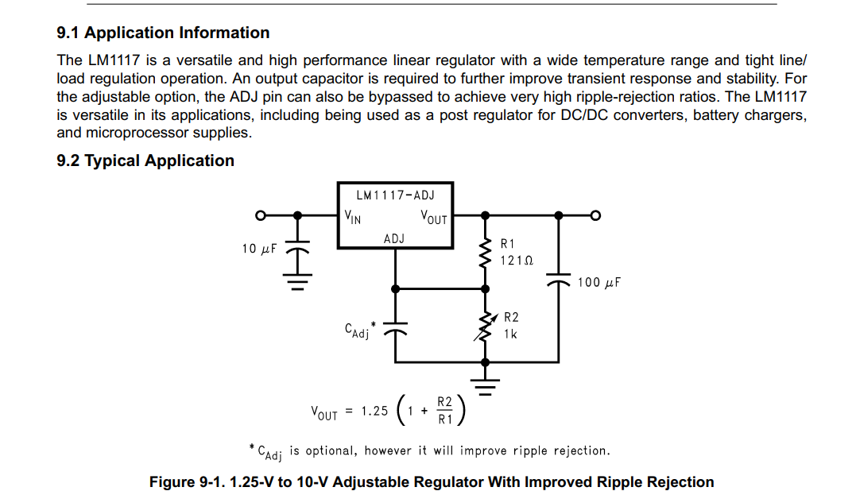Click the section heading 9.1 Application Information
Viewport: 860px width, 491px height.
point(163,33)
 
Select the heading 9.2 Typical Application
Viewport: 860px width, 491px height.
point(145,161)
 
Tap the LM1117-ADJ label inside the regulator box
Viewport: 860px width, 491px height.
point(395,195)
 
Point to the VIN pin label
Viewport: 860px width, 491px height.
point(352,216)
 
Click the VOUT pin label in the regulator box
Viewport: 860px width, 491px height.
point(433,217)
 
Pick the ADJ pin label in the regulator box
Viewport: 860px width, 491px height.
point(394,238)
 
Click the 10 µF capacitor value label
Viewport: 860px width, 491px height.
point(259,249)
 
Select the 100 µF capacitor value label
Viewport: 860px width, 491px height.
point(599,282)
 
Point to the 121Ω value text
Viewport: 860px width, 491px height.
point(517,260)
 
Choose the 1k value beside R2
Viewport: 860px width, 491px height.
point(510,334)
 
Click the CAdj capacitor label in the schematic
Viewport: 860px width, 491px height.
point(358,331)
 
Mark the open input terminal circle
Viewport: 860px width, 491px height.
point(259,215)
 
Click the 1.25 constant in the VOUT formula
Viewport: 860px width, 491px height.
point(374,412)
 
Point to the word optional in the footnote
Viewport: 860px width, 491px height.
point(332,451)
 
